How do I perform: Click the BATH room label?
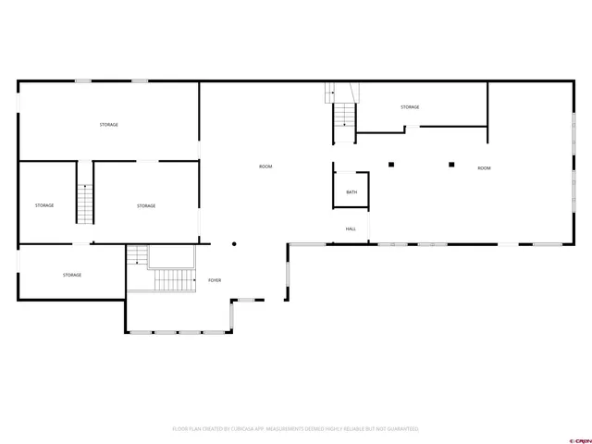coord(351,192)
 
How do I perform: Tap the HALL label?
coord(351,228)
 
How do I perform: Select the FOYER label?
coord(215,279)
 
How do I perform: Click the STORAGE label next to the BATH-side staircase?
coord(410,107)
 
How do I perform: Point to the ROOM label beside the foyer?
coord(265,166)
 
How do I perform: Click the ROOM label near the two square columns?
coord(484,168)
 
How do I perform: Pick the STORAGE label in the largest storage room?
coord(109,124)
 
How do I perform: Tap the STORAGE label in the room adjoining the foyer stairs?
coord(72,275)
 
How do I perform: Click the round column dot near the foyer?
coord(235,244)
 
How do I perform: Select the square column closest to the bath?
coord(391,165)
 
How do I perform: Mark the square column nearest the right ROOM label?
coord(451,165)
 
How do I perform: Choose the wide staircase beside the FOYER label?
coord(173,280)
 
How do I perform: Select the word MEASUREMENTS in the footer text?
coord(289,429)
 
